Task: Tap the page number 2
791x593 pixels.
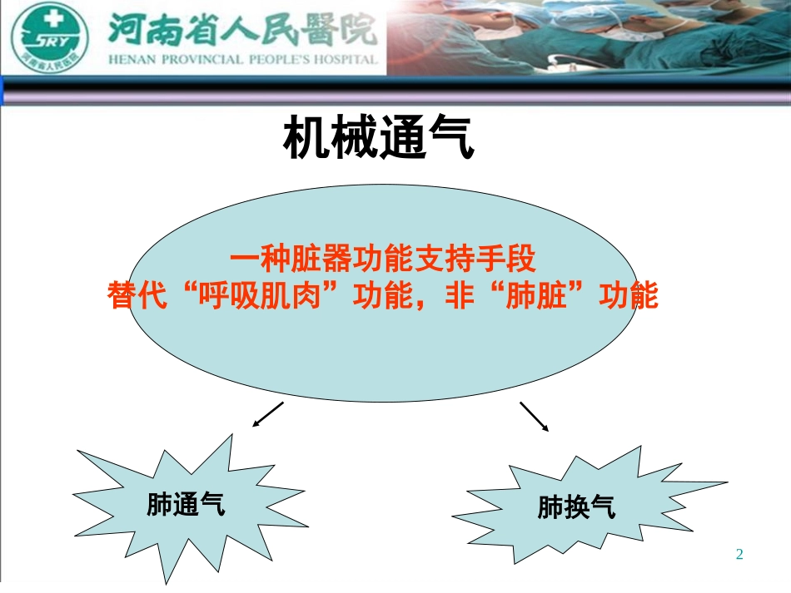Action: [x=739, y=554]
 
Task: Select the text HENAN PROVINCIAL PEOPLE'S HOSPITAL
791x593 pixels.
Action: [x=243, y=60]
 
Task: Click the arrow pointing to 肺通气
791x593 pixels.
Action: [x=267, y=414]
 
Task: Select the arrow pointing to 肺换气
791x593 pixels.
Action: [x=535, y=417]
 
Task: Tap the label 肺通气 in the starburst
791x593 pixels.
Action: [x=186, y=503]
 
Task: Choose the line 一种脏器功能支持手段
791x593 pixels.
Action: [x=383, y=260]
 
